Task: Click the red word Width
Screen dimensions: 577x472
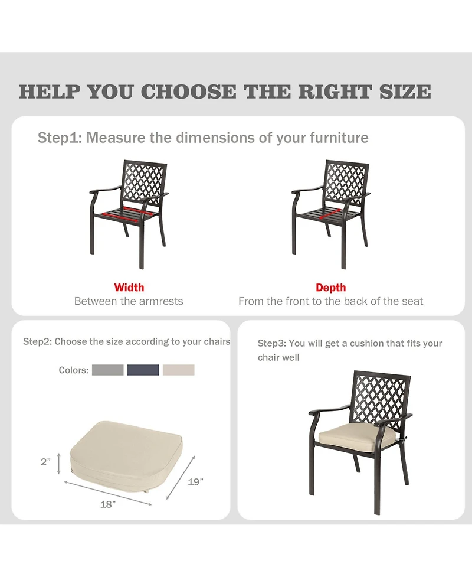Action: coord(129,288)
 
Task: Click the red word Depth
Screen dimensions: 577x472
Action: coord(330,288)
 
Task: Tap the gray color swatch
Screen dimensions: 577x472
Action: coord(108,370)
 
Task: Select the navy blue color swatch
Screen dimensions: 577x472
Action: coord(143,370)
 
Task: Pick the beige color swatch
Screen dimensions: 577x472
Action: coord(178,370)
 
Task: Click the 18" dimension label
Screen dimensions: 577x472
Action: coord(107,504)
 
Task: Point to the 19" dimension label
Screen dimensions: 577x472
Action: coord(195,481)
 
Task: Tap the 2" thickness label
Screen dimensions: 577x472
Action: coord(46,462)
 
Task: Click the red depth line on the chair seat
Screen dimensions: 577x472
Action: coord(331,214)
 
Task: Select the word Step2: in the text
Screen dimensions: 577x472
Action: coord(37,341)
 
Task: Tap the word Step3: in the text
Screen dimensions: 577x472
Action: coord(272,344)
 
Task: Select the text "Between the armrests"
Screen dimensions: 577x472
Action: coord(129,301)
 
